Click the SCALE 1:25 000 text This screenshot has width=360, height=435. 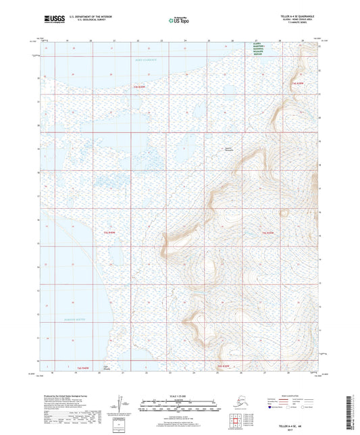click(x=179, y=396)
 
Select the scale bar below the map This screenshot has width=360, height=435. click(x=179, y=407)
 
